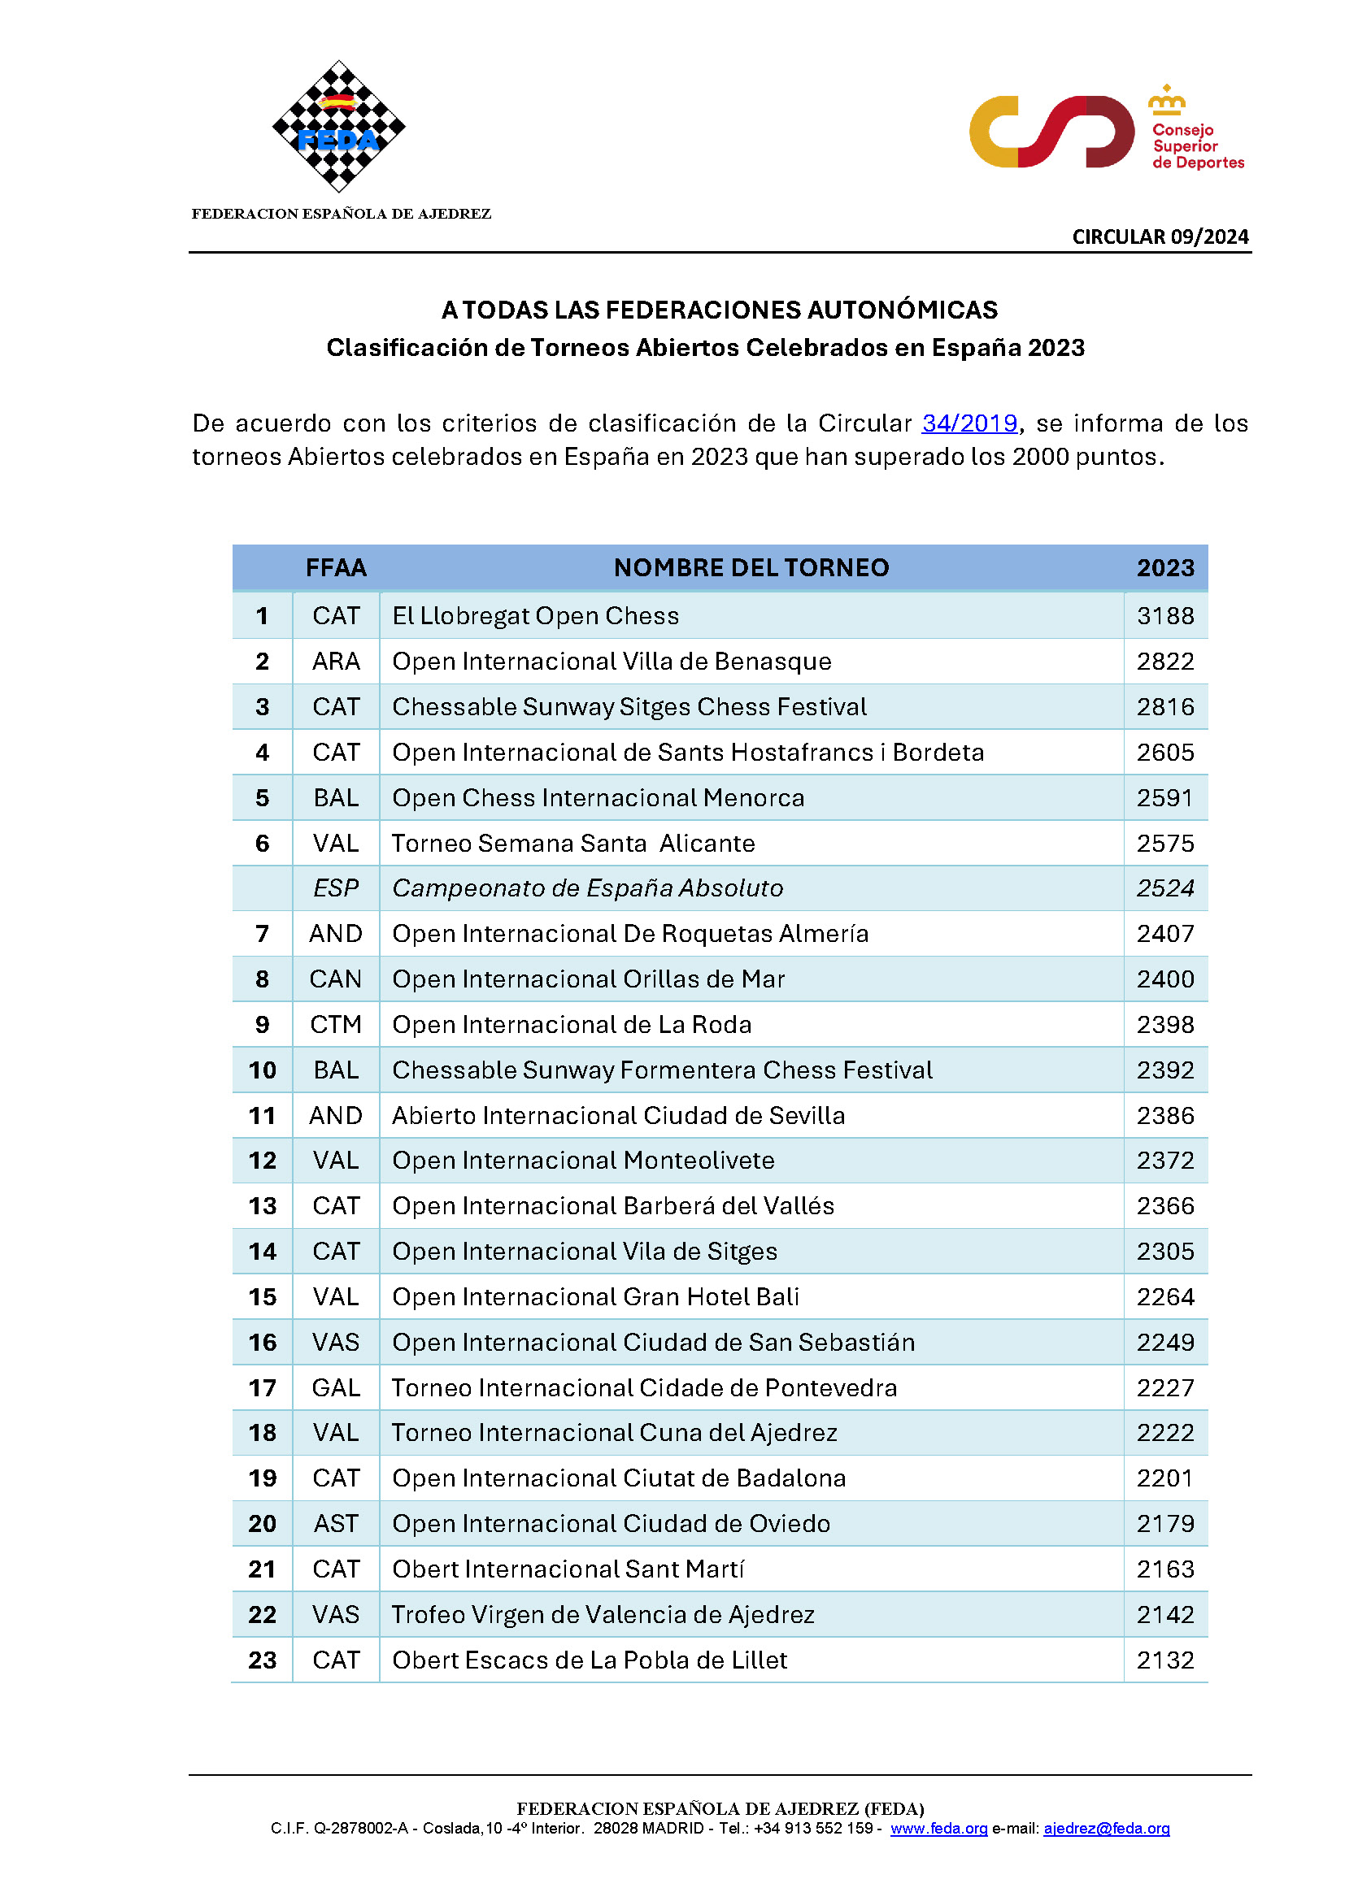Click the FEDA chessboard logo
[x=339, y=126]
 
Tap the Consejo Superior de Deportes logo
[x=1107, y=132]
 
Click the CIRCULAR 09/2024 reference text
[x=1160, y=237]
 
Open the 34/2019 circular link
[x=969, y=423]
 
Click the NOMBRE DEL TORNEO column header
[x=751, y=568]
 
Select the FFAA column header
[x=335, y=568]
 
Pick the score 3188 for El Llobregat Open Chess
[x=1164, y=616]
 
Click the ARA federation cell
[x=335, y=662]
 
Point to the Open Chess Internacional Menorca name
[x=598, y=798]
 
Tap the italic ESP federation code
[x=335, y=888]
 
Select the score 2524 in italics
[x=1164, y=888]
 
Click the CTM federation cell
[x=335, y=1025]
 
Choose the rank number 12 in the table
[x=263, y=1161]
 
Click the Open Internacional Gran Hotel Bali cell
[x=595, y=1297]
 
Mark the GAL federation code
[x=335, y=1387]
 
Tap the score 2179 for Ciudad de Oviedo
[x=1164, y=1524]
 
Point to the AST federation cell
[x=335, y=1524]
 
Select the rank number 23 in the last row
[x=263, y=1660]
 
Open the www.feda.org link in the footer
[x=938, y=1828]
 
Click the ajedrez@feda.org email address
[x=1106, y=1828]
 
